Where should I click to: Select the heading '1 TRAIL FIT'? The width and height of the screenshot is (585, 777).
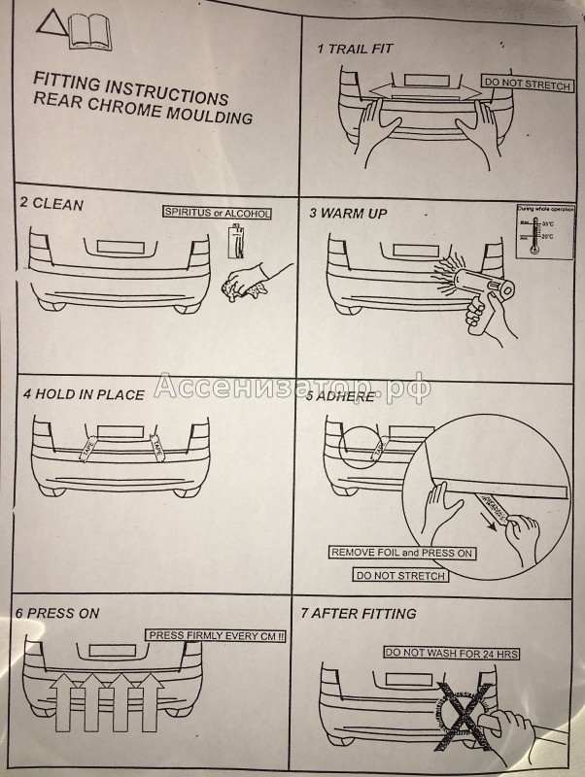pyautogui.click(x=356, y=49)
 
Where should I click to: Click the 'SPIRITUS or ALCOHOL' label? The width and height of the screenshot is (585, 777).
pyautogui.click(x=217, y=213)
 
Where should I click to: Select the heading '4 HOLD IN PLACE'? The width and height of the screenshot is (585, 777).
pyautogui.click(x=84, y=394)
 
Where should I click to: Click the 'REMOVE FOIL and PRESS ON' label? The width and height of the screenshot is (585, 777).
pyautogui.click(x=401, y=553)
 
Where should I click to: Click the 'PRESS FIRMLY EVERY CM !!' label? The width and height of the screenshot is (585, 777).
pyautogui.click(x=214, y=635)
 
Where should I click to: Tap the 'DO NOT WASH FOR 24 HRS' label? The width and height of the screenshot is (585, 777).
pyautogui.click(x=451, y=654)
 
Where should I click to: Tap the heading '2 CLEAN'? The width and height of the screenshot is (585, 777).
pyautogui.click(x=52, y=204)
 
